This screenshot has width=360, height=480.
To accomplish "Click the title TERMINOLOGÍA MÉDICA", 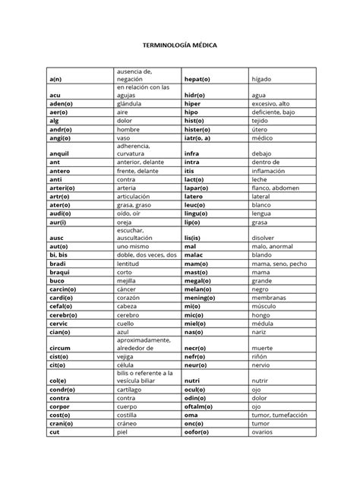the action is (x=180, y=46).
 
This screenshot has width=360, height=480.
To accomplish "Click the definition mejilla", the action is (x=128, y=279).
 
